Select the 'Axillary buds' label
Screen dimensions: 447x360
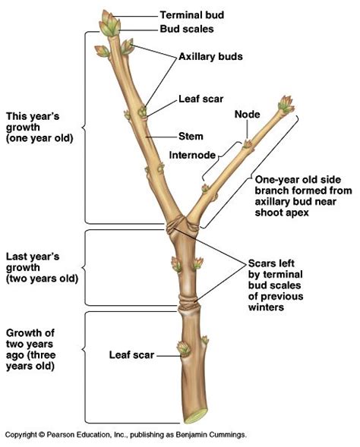pyautogui.click(x=210, y=56)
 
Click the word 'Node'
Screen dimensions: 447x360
pyautogui.click(x=248, y=115)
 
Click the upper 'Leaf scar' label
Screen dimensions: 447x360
pyautogui.click(x=200, y=99)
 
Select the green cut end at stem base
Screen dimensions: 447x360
pyautogui.click(x=195, y=417)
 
